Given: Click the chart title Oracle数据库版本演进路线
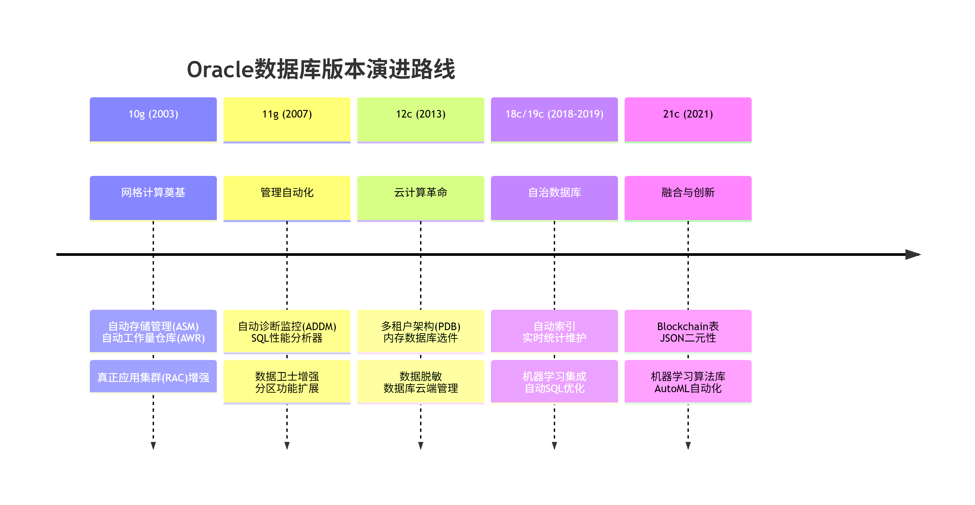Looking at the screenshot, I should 321,69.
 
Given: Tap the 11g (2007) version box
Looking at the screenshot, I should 287,119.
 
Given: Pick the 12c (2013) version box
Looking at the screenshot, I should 421,119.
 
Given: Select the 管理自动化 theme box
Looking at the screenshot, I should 287,198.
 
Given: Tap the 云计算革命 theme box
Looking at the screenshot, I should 421,198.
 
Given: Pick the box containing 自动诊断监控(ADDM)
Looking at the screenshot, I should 287,331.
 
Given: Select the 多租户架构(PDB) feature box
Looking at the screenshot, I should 421,331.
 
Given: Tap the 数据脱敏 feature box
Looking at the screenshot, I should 421,382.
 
